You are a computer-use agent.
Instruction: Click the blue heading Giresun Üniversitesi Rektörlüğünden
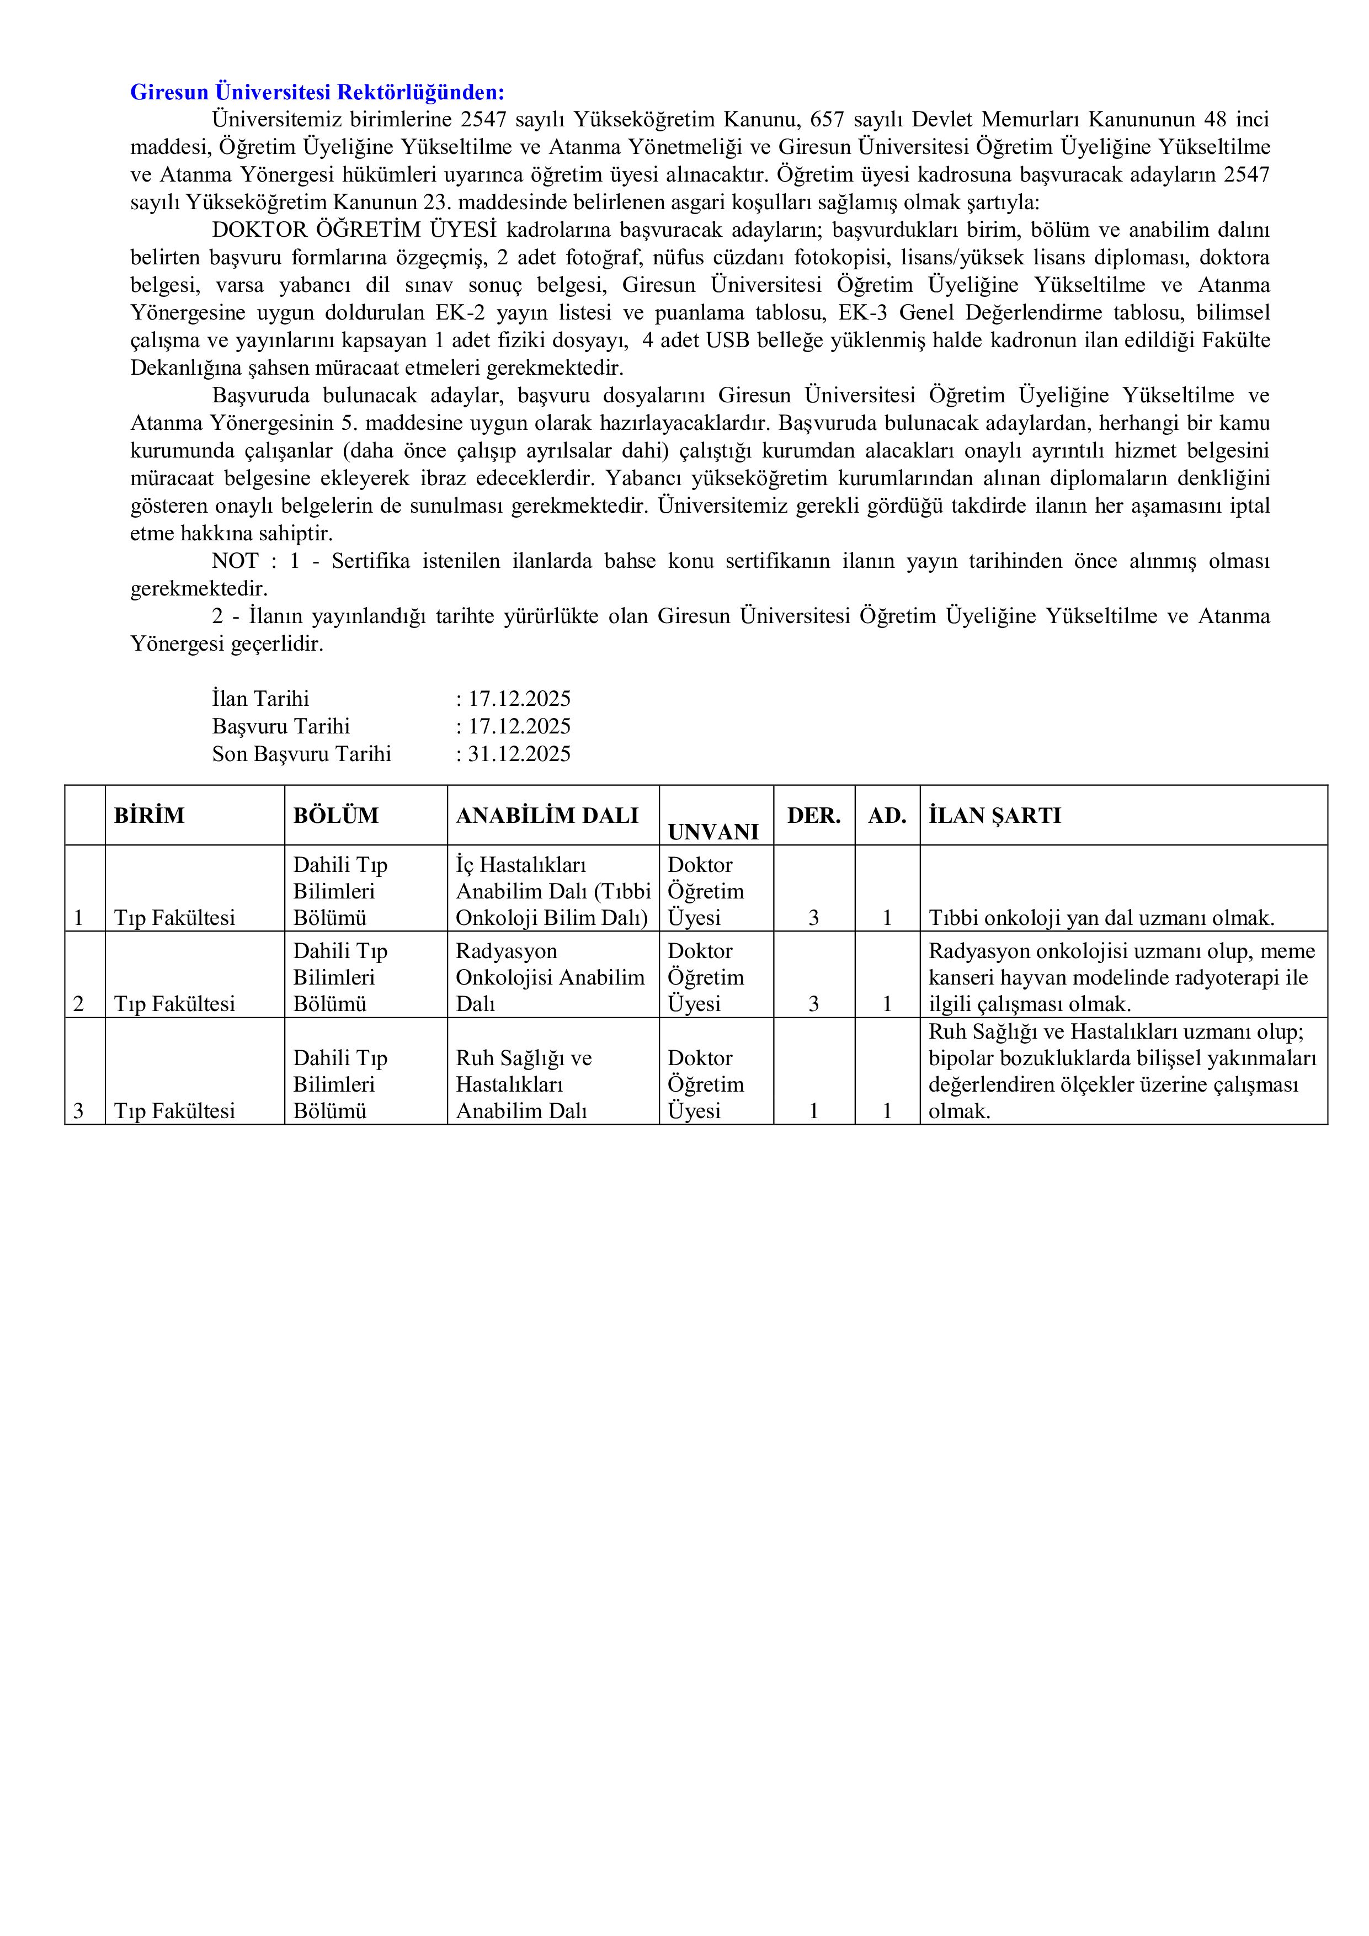click(x=317, y=92)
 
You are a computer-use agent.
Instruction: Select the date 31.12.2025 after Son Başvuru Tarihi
click(x=519, y=754)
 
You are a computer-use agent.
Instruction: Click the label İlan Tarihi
click(x=260, y=699)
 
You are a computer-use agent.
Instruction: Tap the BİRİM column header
click(x=149, y=815)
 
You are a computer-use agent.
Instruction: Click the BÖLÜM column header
click(x=335, y=815)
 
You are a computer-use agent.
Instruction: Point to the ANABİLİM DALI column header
click(x=547, y=815)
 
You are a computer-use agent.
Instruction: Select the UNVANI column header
click(x=713, y=831)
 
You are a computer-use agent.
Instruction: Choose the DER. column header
click(x=813, y=815)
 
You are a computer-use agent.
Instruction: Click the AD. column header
click(x=887, y=815)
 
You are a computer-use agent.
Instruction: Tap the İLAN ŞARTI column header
click(x=995, y=815)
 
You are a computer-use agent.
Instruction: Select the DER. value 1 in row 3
click(x=813, y=1110)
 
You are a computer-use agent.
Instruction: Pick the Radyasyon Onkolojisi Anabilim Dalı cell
click(x=550, y=977)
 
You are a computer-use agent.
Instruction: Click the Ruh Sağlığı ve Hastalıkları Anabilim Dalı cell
click(x=524, y=1084)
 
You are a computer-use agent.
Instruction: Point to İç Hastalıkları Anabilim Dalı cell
click(x=553, y=891)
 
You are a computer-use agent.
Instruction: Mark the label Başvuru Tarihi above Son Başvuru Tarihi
click(x=281, y=727)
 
